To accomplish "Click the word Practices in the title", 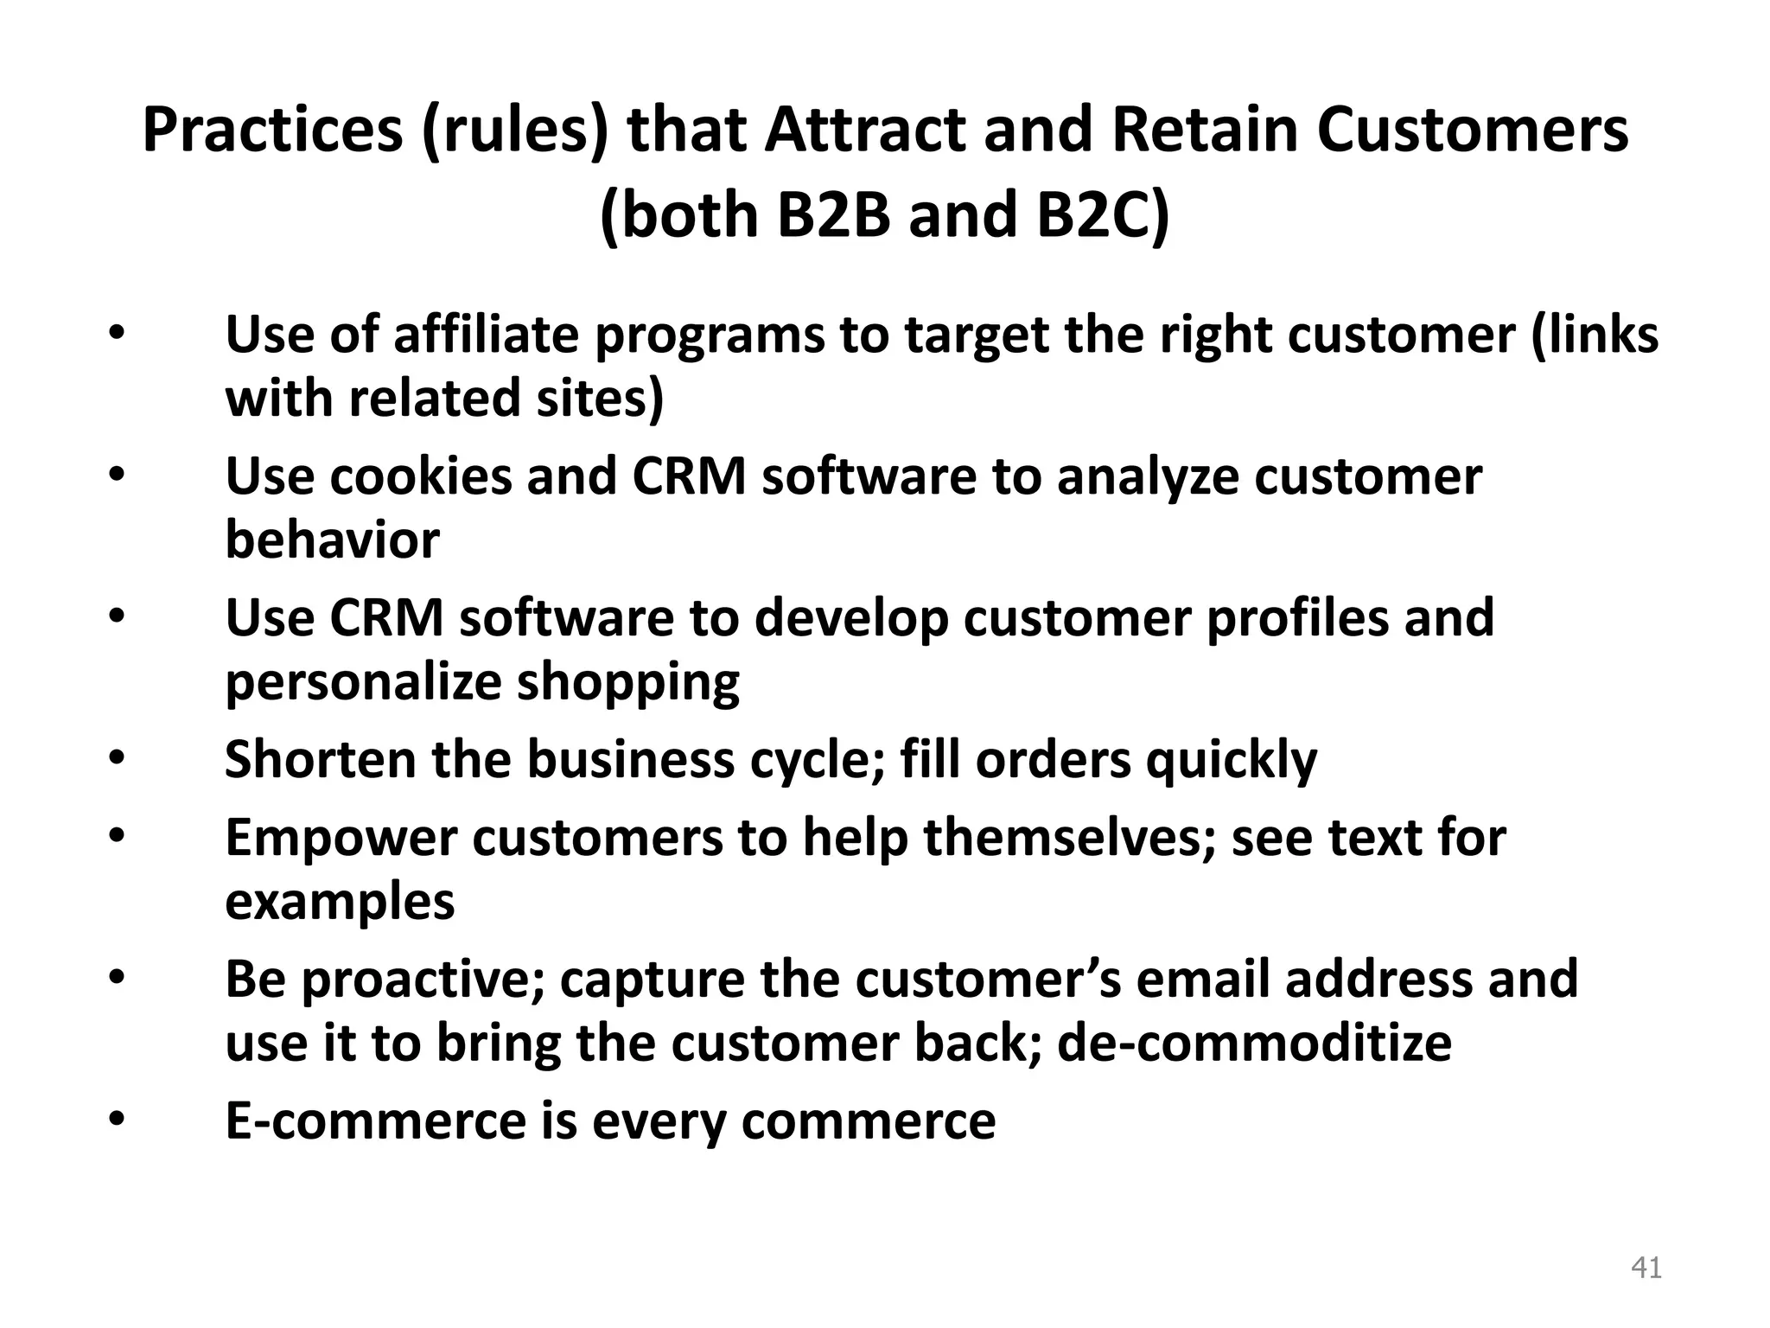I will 272,131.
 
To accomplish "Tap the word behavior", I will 332,540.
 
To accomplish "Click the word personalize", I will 363,682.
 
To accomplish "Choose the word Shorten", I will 321,760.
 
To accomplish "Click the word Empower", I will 341,838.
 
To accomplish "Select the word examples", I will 340,902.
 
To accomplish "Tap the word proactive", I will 423,980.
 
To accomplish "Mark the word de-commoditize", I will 1254,1044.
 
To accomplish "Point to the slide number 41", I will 1646,1268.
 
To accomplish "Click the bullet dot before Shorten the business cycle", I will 118,760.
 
